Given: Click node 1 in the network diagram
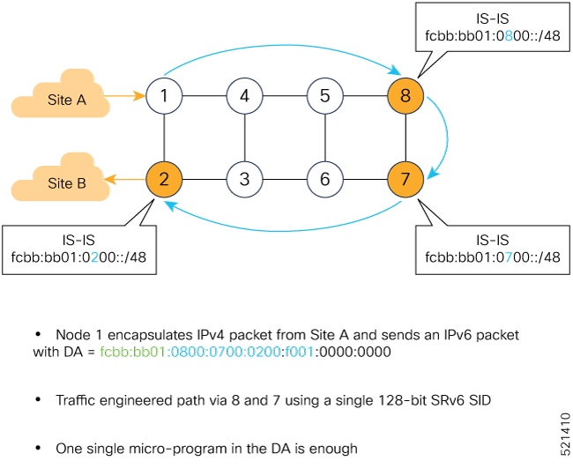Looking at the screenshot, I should (x=165, y=95).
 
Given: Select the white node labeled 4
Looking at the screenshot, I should (x=244, y=95).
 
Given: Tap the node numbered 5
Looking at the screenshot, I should (x=324, y=95).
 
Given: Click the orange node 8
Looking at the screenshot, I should (x=405, y=95).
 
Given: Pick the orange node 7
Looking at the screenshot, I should (x=405, y=179).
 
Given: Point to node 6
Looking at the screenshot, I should (x=324, y=179).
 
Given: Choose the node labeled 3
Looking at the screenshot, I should (x=244, y=179).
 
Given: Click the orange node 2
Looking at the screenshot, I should (x=165, y=179).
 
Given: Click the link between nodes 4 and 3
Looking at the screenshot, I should (x=244, y=137).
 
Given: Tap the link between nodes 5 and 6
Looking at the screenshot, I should (x=324, y=137).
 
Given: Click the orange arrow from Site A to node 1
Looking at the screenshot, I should (x=128, y=94).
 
